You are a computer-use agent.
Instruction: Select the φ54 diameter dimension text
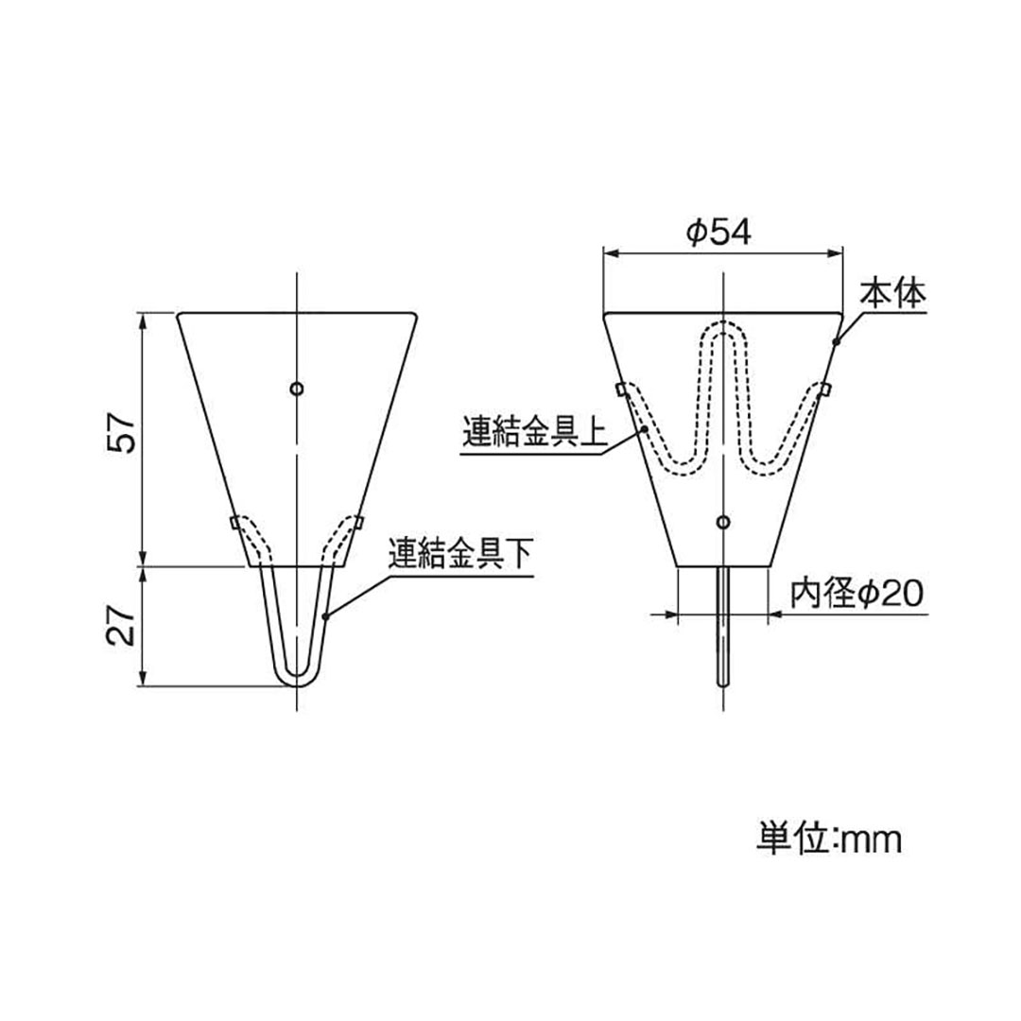pyautogui.click(x=719, y=232)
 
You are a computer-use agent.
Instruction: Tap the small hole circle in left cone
pyautogui.click(x=297, y=389)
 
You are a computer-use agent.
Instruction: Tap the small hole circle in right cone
pyautogui.click(x=724, y=522)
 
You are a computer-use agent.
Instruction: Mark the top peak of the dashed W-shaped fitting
pyautogui.click(x=724, y=327)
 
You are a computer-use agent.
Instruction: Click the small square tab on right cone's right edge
pyautogui.click(x=824, y=389)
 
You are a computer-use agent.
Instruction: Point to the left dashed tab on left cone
pyautogui.click(x=236, y=522)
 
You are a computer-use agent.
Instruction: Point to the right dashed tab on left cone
pyautogui.click(x=358, y=521)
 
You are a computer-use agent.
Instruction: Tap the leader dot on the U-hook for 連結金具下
pyautogui.click(x=326, y=616)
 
